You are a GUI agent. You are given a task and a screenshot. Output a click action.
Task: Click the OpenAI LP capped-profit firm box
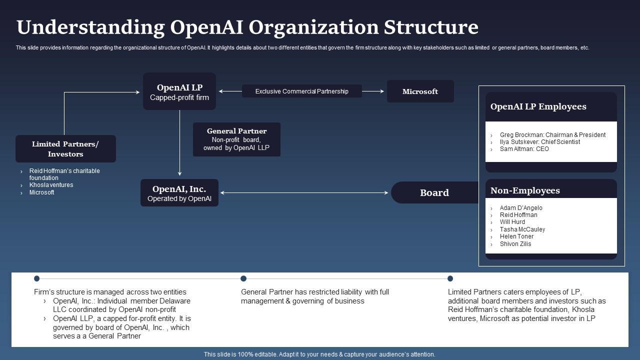[179, 91]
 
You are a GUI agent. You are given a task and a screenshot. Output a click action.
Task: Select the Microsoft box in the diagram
[420, 91]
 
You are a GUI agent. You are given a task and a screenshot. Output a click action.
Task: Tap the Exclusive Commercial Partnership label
[301, 91]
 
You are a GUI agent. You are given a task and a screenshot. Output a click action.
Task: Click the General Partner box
[236, 139]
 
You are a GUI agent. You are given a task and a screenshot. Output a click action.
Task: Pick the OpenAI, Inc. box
[179, 193]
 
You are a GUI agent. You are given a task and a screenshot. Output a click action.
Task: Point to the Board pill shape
[434, 192]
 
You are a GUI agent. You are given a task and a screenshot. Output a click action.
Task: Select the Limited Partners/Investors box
[65, 149]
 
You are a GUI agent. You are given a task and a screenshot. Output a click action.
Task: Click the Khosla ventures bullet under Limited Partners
[51, 185]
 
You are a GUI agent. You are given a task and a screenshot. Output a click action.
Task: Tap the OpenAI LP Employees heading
[538, 106]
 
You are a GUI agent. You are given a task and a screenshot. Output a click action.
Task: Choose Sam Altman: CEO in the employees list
[524, 149]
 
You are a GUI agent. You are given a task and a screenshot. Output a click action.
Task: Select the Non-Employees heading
[525, 190]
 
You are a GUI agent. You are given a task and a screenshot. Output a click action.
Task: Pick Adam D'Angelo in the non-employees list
[520, 208]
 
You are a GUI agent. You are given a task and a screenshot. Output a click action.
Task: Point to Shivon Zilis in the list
[515, 244]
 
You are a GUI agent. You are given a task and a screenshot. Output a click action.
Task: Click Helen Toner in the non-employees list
[516, 236]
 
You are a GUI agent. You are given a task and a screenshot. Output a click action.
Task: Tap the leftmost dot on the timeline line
[36, 278]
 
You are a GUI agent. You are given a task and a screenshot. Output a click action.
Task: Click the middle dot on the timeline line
[243, 278]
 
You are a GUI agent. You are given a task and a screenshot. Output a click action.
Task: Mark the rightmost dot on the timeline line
[450, 278]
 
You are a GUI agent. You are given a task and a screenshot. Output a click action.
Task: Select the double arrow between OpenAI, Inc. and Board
[304, 192]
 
